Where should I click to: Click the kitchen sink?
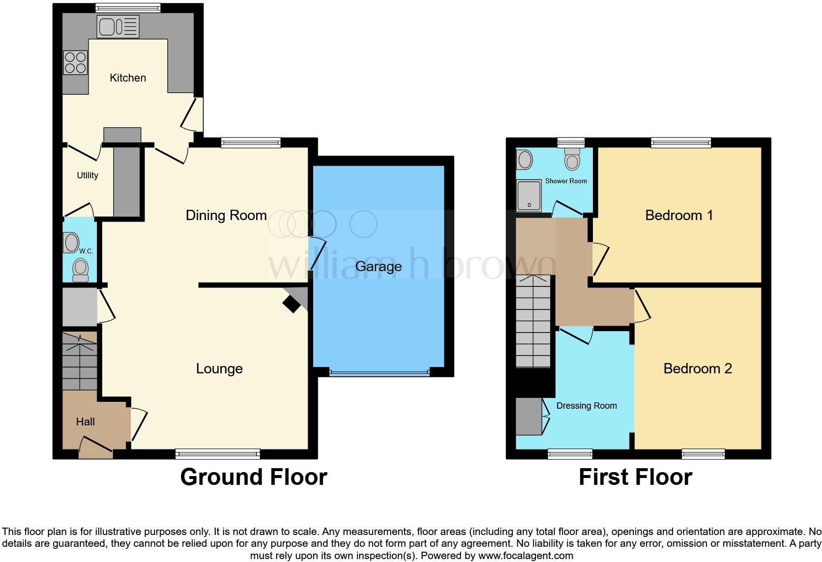point(118,27)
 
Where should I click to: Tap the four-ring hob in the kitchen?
point(75,63)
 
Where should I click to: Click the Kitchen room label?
point(128,78)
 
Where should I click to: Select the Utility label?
point(88,175)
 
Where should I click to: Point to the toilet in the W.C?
point(80,270)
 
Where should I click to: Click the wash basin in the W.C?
point(71,243)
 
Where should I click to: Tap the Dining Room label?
point(226,215)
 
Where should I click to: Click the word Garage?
point(379,266)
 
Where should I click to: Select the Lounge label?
point(219,368)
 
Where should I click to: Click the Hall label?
point(86,421)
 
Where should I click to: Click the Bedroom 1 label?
point(679,215)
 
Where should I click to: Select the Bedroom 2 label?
point(698,368)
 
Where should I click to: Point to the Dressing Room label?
point(587,406)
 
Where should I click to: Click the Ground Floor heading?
point(254,477)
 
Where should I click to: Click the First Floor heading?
point(635,477)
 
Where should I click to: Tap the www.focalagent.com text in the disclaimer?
point(526,556)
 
